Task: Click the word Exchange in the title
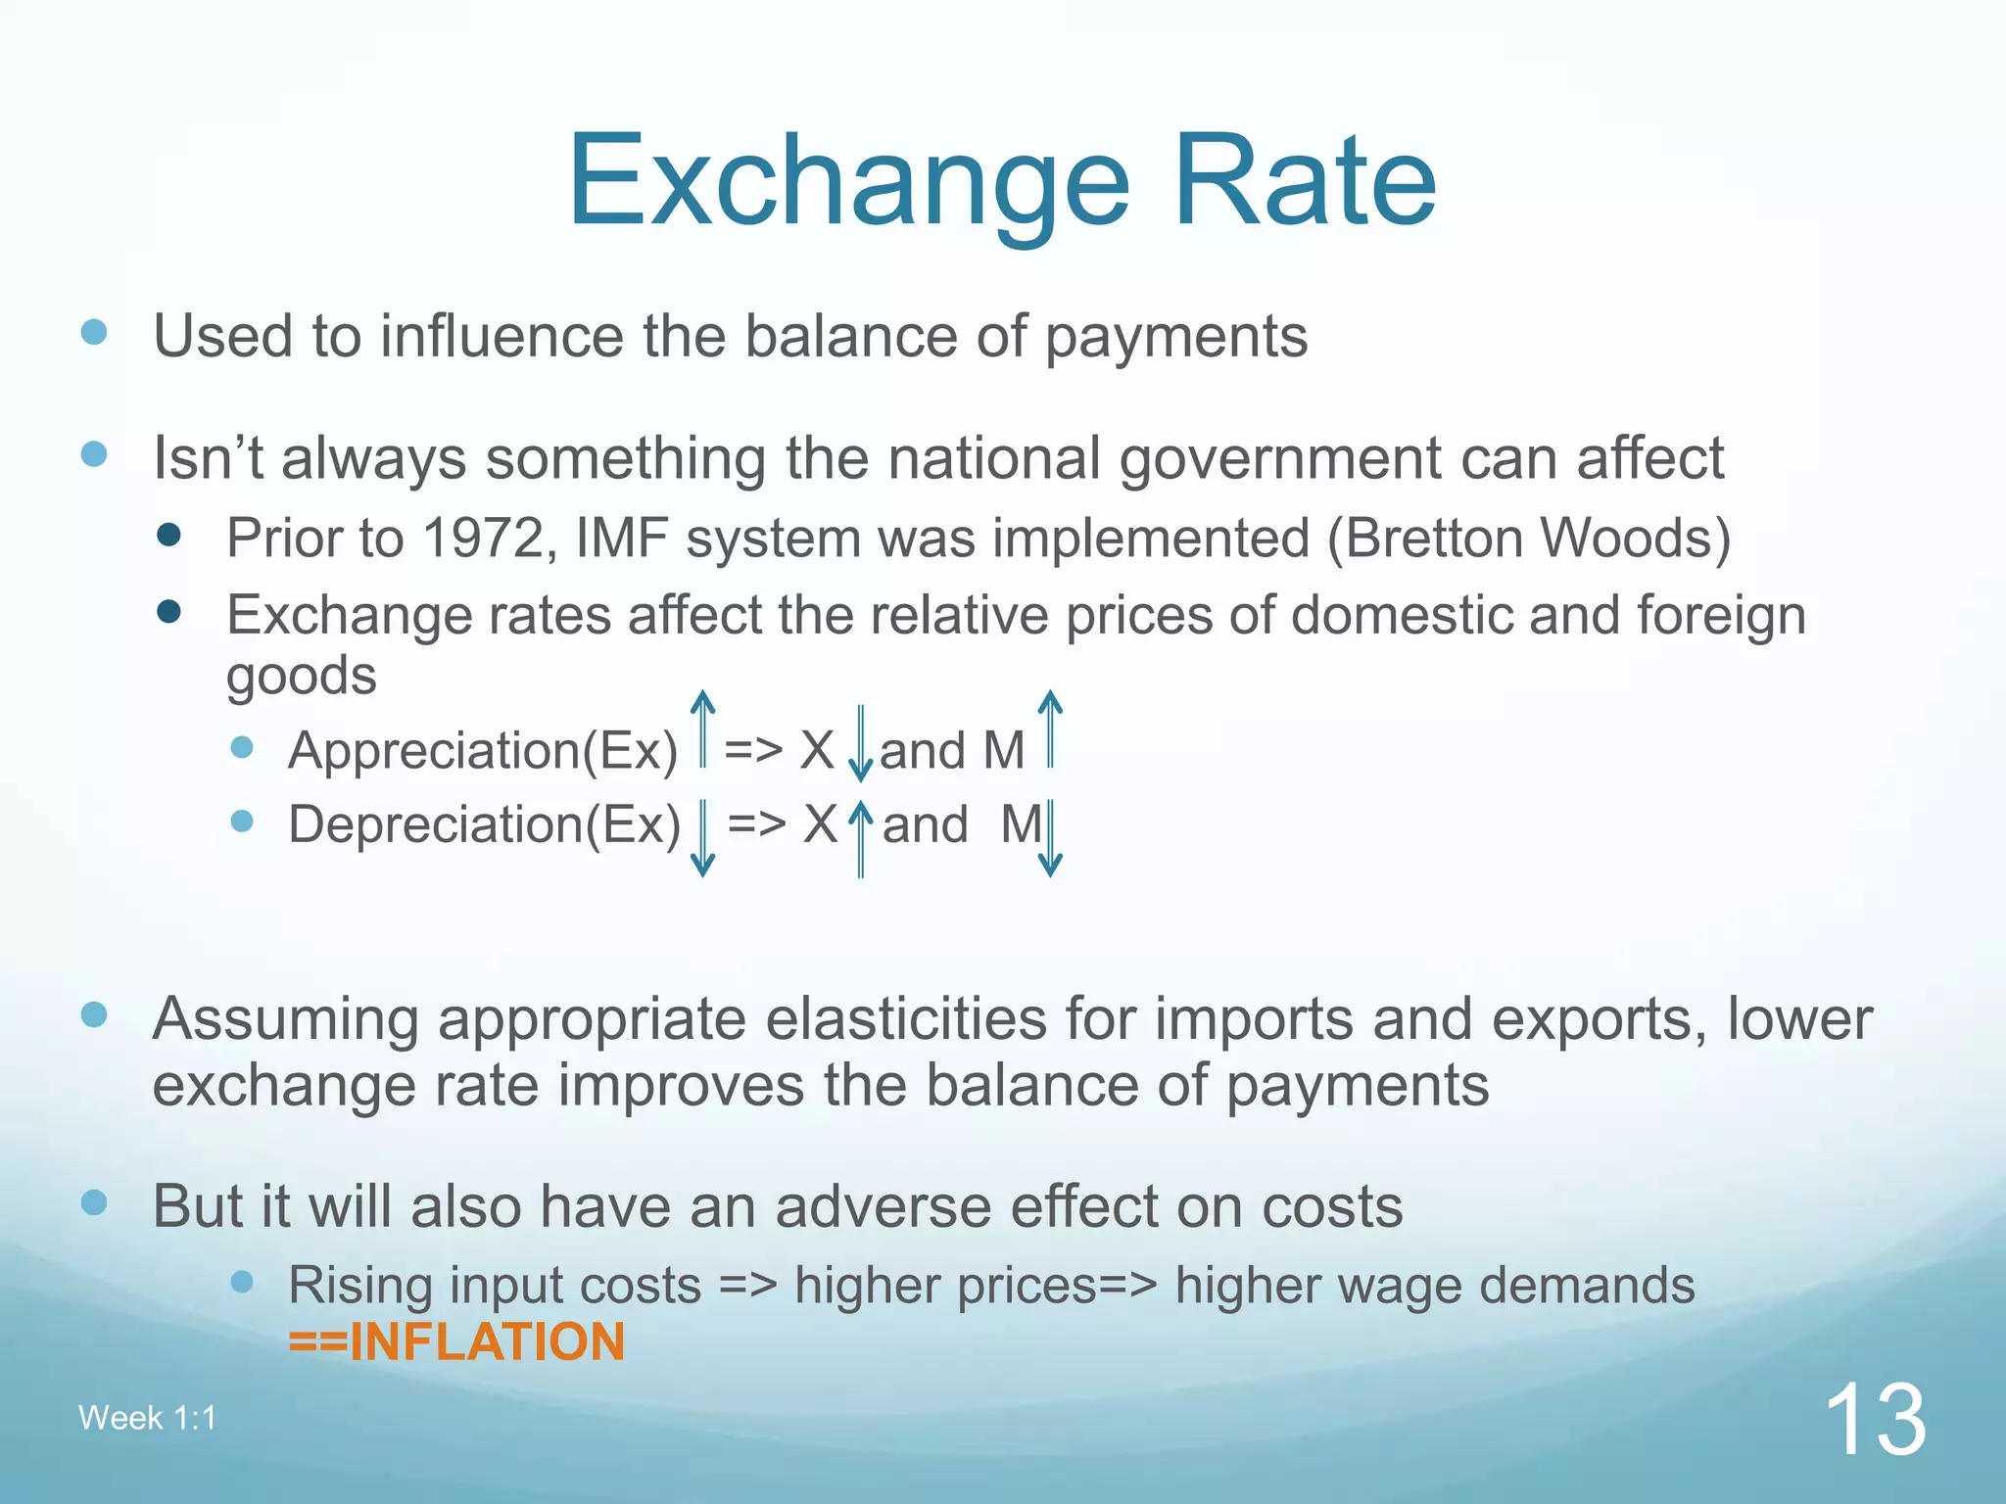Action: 848,183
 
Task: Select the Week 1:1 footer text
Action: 147,1418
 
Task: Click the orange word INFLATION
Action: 486,1341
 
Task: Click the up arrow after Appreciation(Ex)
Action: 702,729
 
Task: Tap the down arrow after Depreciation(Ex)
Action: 702,838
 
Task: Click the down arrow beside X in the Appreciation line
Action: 860,744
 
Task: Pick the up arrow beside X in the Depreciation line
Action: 860,838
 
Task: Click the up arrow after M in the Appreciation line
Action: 1050,729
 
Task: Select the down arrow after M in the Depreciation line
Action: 1050,838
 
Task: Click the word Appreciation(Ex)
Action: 482,751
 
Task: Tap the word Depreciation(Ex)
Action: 484,824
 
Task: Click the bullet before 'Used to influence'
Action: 94,332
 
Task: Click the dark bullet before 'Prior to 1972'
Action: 168,535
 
